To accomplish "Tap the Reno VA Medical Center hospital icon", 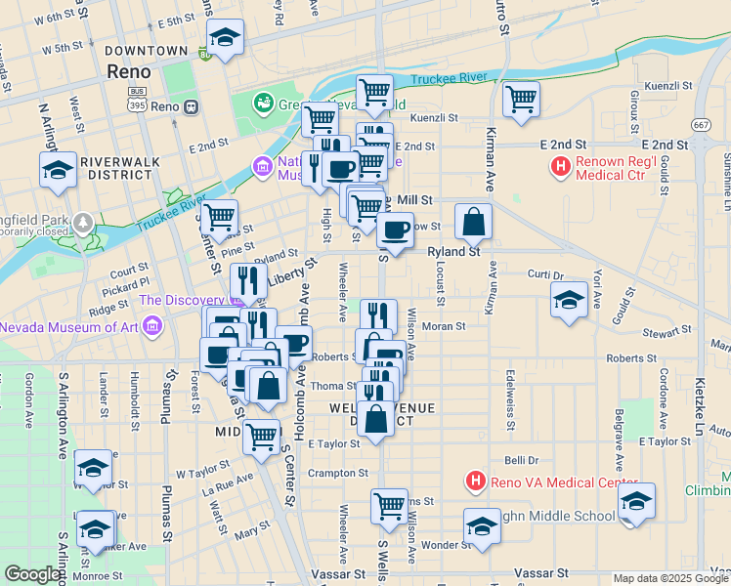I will (x=475, y=481).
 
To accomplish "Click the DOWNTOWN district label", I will (x=146, y=50).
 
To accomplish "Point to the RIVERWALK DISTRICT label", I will (x=116, y=167).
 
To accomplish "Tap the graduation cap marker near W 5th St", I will (x=226, y=39).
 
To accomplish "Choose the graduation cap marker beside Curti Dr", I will (x=569, y=300).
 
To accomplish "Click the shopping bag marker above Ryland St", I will (x=473, y=222).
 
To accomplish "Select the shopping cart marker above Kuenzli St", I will (x=521, y=98).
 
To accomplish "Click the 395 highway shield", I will (x=138, y=105).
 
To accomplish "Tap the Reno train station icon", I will (x=192, y=105).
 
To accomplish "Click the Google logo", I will (x=32, y=574).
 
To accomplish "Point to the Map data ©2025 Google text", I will (x=670, y=578).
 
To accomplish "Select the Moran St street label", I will (x=444, y=325).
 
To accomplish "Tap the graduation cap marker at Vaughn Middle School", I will (x=481, y=526).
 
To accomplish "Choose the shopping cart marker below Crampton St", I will (x=389, y=506).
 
